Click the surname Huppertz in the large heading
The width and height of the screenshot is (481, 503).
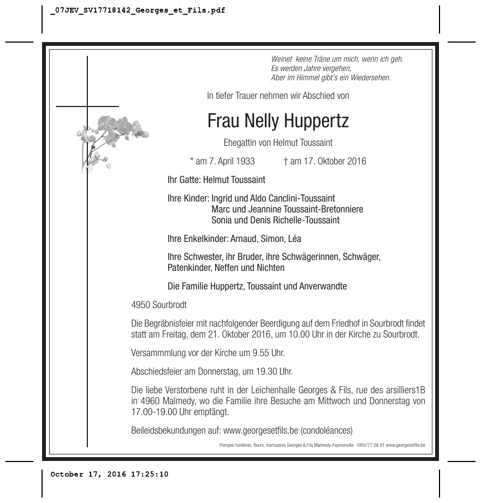(313, 121)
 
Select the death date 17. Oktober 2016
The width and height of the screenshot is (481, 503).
(329, 161)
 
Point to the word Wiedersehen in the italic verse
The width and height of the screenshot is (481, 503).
(372, 78)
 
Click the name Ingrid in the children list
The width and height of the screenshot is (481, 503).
(222, 198)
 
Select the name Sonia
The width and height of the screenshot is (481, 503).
(222, 220)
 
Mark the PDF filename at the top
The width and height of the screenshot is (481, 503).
(137, 11)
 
